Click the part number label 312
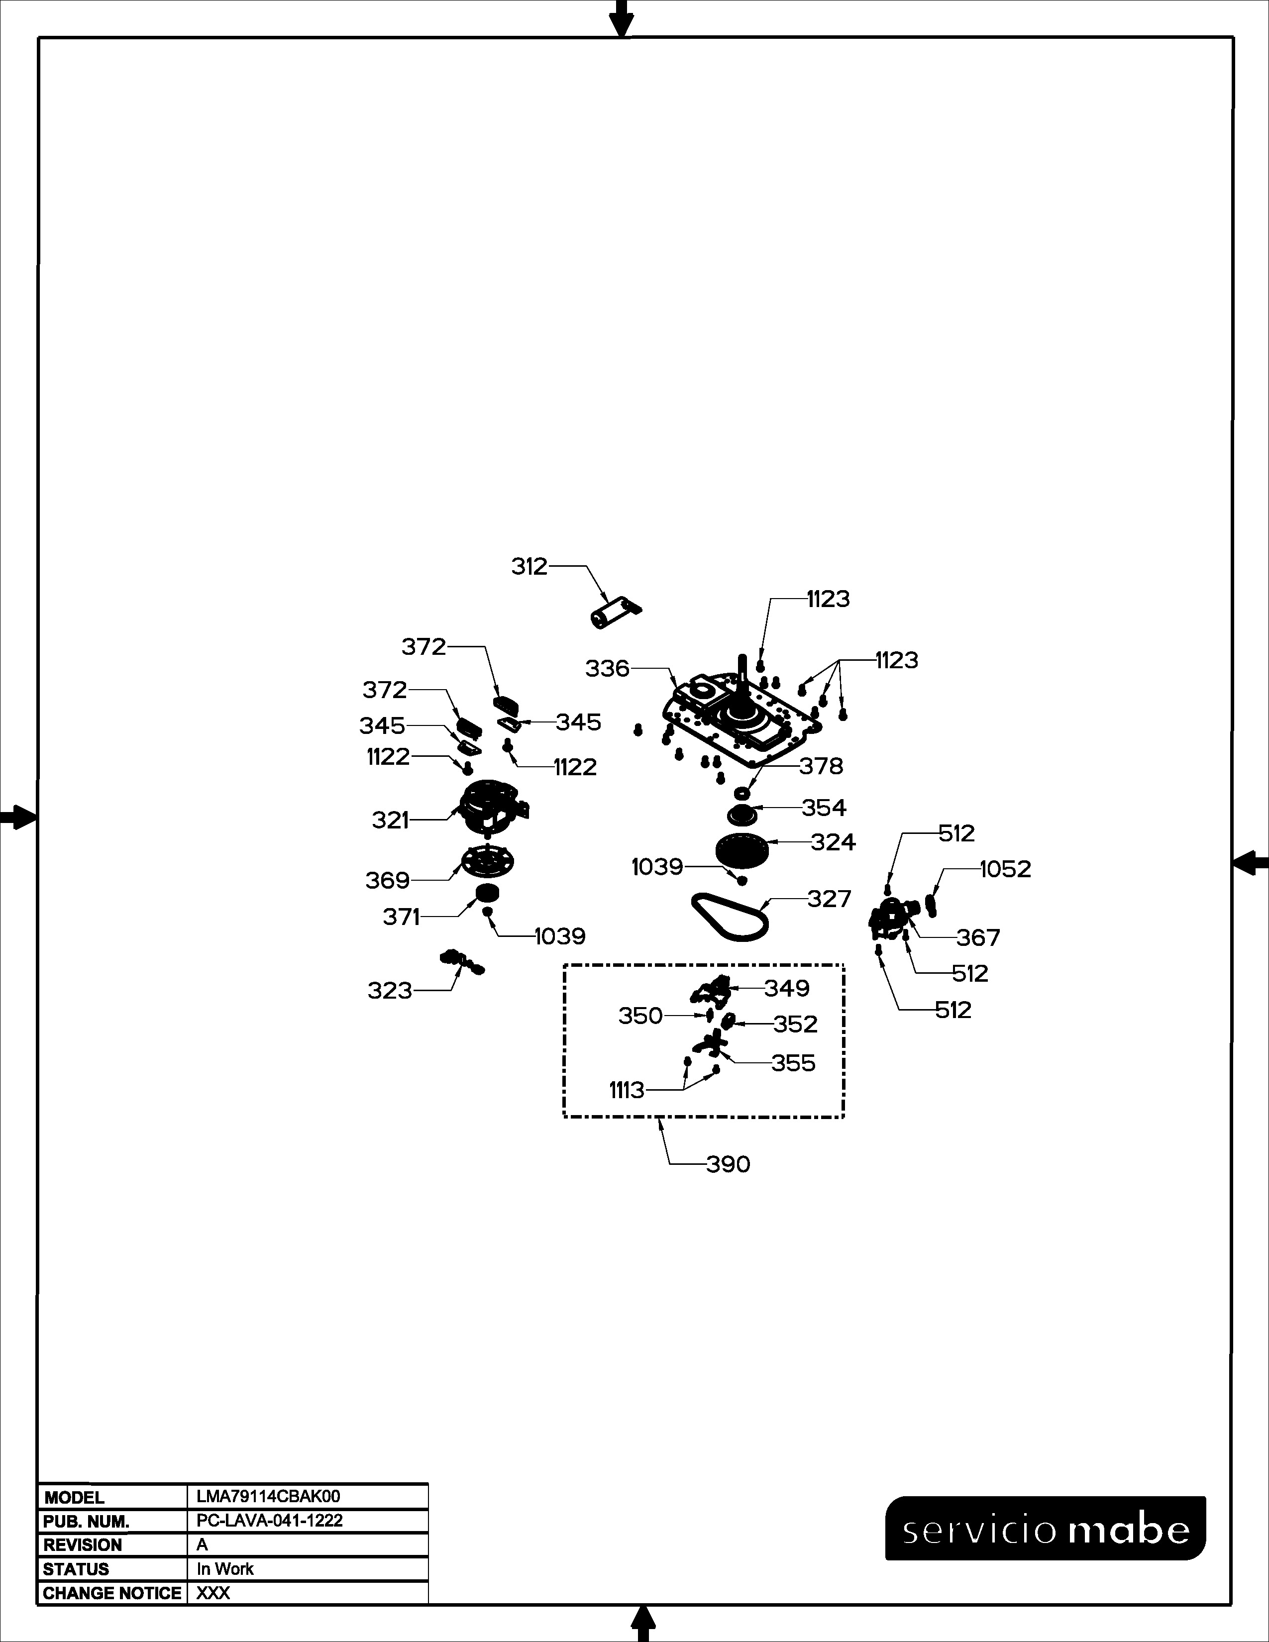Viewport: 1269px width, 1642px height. (x=529, y=567)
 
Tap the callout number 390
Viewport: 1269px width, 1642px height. (x=728, y=1165)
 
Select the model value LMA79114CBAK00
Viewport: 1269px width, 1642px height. (x=268, y=1497)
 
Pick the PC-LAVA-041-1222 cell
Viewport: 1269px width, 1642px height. (x=270, y=1520)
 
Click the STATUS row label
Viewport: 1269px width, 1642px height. (x=76, y=1569)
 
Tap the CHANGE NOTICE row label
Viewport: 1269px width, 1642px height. (x=112, y=1593)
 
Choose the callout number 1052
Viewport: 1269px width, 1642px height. (x=1006, y=869)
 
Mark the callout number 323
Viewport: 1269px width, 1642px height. (x=390, y=991)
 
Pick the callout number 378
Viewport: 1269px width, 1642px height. (x=821, y=766)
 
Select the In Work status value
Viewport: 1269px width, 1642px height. (x=225, y=1569)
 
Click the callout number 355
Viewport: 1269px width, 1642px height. (x=793, y=1063)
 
